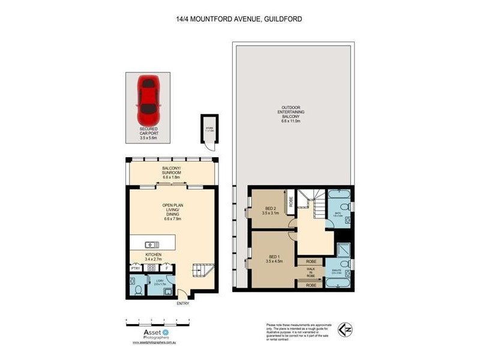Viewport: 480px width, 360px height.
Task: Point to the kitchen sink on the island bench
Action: click(152, 244)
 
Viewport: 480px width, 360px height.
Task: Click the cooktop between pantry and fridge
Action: click(152, 268)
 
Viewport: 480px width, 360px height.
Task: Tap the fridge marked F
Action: click(168, 268)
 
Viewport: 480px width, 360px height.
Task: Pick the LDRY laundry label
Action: click(160, 281)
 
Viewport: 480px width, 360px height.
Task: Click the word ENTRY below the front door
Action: click(183, 304)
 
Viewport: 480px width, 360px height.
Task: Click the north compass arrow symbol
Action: click(344, 329)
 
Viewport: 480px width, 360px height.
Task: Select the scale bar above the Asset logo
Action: click(158, 321)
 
